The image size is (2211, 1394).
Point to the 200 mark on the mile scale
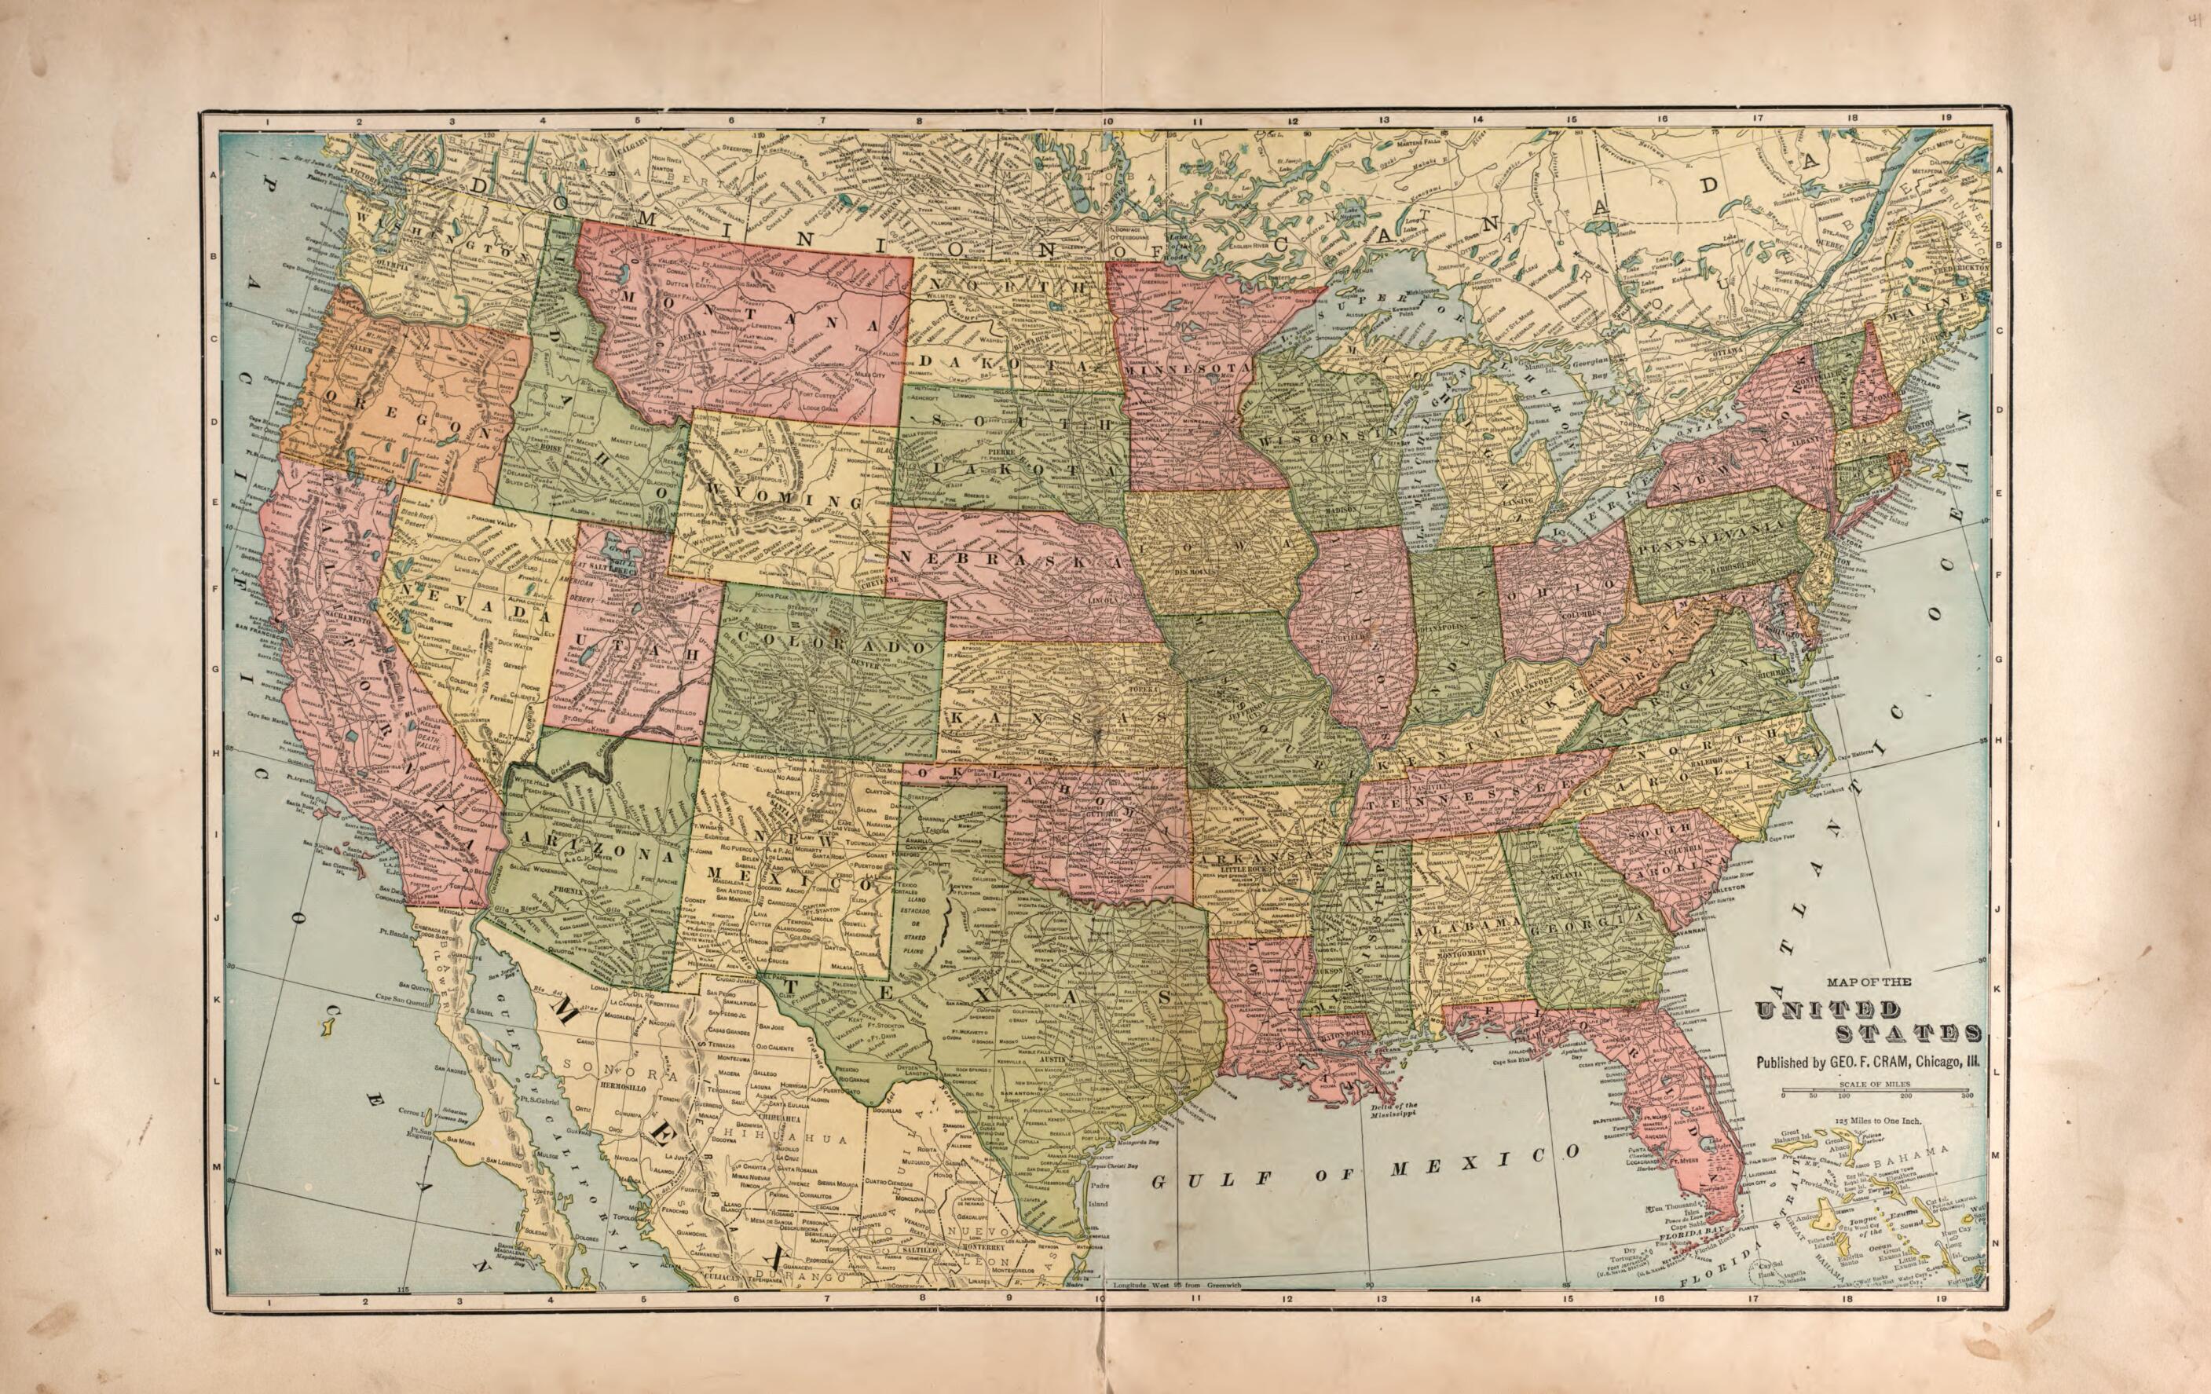tap(1905, 1096)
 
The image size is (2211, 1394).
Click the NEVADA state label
tap(463, 602)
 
